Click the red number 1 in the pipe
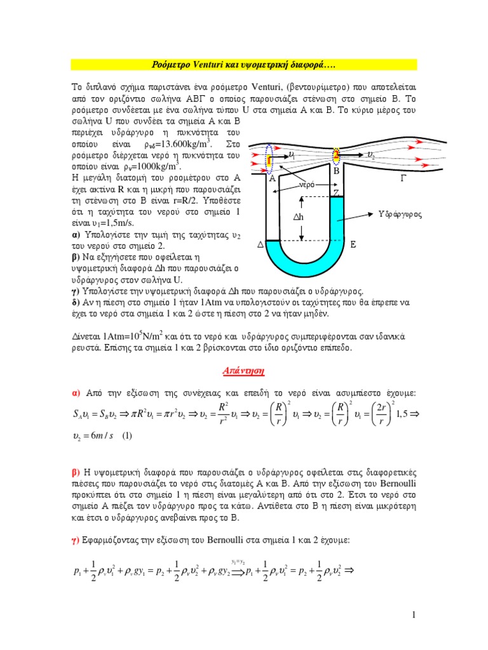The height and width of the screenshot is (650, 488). coord(269,161)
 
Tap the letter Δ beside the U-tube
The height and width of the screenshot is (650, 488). coord(259,244)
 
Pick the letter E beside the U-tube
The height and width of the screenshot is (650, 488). coord(353,244)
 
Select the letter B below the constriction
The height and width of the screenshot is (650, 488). coord(337,171)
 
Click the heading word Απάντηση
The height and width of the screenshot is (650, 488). coord(243,369)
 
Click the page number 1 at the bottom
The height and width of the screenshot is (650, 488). coord(413,615)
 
